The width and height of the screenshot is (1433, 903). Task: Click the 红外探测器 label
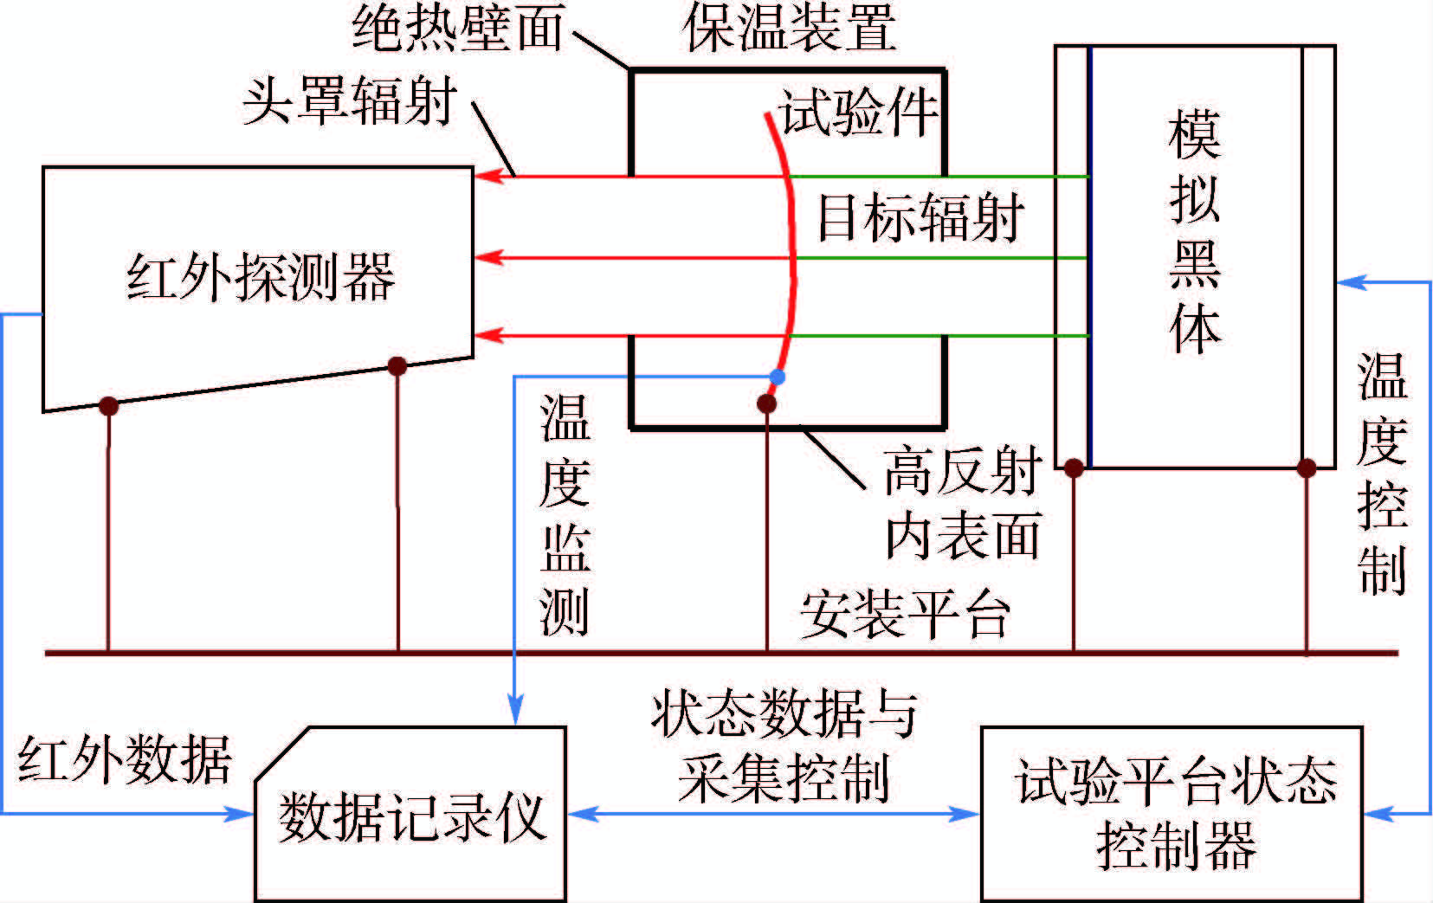(260, 277)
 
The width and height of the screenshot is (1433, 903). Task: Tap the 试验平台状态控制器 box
(1172, 814)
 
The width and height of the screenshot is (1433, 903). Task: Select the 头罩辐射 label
(350, 100)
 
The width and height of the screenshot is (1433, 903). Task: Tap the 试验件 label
(857, 113)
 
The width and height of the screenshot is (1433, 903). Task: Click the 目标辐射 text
(921, 216)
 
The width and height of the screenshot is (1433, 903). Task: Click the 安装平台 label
(906, 615)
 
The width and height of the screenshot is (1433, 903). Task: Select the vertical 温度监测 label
(565, 514)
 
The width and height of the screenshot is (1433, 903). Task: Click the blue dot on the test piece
(777, 377)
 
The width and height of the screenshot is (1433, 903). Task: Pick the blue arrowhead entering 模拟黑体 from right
(1351, 281)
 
